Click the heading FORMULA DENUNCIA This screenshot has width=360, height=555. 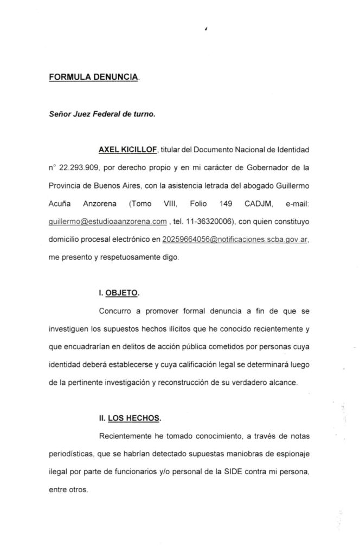tap(93, 78)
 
